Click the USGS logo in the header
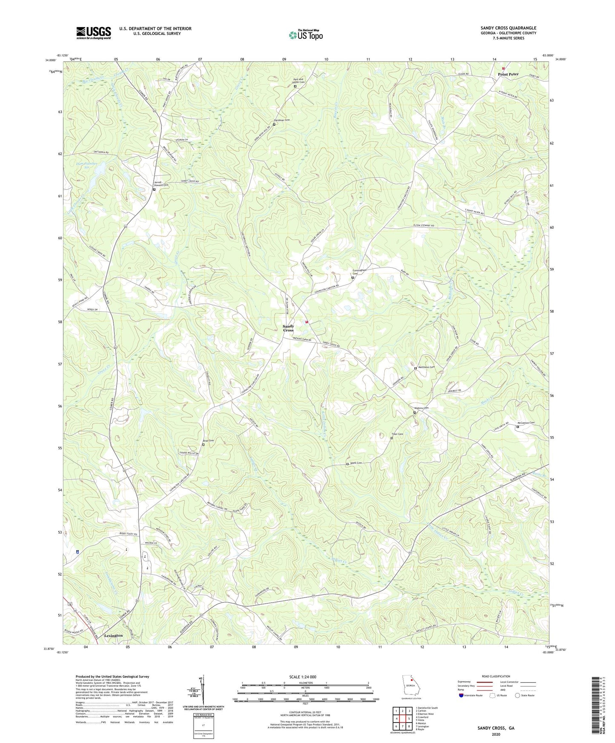[94, 33]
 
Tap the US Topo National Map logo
[306, 35]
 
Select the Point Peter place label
[508, 74]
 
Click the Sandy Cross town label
[288, 328]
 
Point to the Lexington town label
[113, 635]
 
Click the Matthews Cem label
[426, 367]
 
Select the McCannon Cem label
[526, 423]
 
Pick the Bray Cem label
[208, 441]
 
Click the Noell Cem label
[356, 463]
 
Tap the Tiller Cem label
[397, 434]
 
